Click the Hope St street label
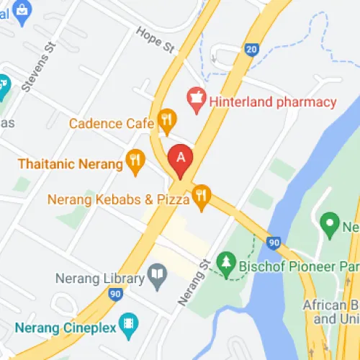(156, 40)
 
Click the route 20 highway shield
(251, 50)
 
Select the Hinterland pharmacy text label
(273, 102)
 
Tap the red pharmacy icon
(194, 100)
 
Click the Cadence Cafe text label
(112, 123)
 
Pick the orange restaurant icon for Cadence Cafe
(167, 120)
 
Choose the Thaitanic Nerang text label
(71, 163)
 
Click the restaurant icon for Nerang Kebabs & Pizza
(200, 194)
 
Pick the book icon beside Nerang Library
(156, 274)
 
